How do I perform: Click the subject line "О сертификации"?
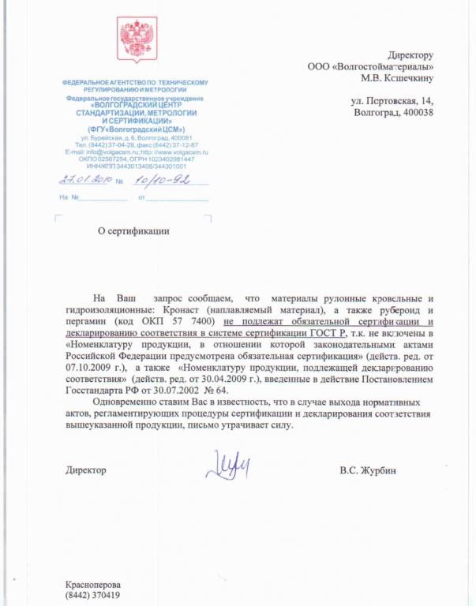click(133, 231)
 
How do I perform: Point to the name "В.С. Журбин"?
click(368, 471)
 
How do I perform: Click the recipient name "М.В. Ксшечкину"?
click(397, 77)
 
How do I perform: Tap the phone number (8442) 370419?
click(93, 595)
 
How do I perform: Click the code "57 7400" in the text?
click(179, 323)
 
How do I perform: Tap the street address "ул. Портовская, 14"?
click(392, 101)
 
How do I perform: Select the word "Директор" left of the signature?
click(86, 471)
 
